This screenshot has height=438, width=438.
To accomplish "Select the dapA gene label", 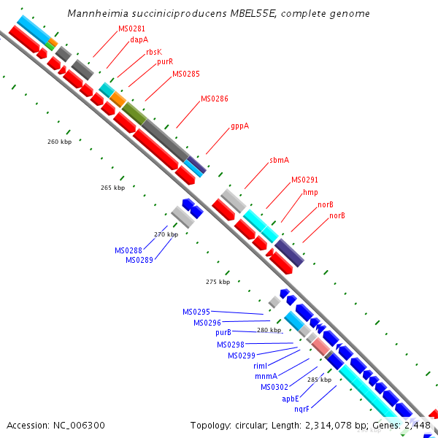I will pyautogui.click(x=139, y=40).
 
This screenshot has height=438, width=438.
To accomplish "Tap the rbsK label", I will pyautogui.click(x=153, y=52).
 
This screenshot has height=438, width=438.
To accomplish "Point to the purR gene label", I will pyautogui.click(x=164, y=62).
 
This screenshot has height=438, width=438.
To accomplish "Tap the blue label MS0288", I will pyautogui.click(x=128, y=250).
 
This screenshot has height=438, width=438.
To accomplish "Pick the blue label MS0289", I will pyautogui.click(x=139, y=260).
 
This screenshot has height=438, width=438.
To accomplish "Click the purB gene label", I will pyautogui.click(x=223, y=332).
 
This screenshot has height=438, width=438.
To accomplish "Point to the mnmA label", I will pyautogui.click(x=265, y=377).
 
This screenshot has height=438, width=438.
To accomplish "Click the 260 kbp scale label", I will pyautogui.click(x=59, y=142).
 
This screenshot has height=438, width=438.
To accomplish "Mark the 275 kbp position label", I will pyautogui.click(x=218, y=282).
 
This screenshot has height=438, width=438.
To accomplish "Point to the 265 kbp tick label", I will pyautogui.click(x=112, y=188).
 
